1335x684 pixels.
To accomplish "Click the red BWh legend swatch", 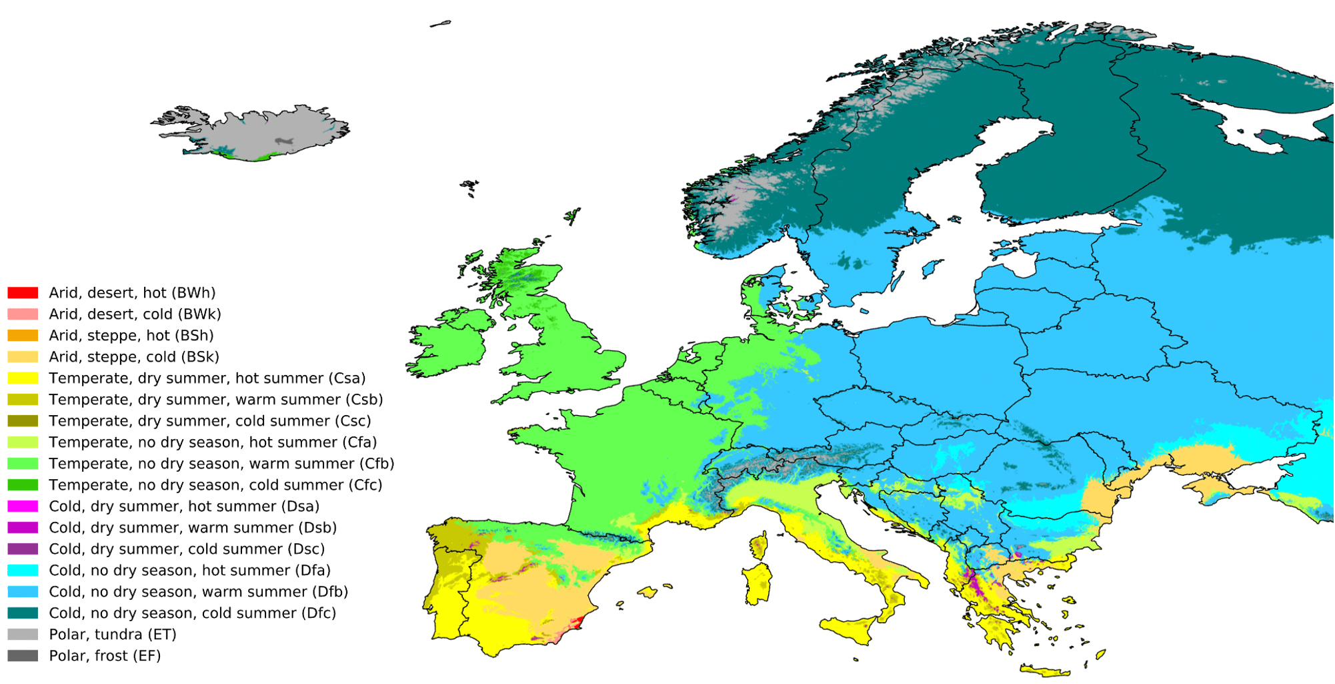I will (x=23, y=293).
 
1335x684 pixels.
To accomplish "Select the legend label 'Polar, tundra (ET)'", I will (x=112, y=635).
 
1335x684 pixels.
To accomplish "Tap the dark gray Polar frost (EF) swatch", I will (x=23, y=656).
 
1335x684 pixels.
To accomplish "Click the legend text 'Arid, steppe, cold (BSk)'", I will (x=133, y=357).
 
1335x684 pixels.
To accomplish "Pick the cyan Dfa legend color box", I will (x=23, y=571).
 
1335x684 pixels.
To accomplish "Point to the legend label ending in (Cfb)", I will (x=221, y=464).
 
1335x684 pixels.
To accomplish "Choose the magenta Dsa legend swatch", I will (x=23, y=506).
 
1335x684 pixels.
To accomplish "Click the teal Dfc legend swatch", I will (x=23, y=613).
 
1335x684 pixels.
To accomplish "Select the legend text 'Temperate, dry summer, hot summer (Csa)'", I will (x=207, y=378).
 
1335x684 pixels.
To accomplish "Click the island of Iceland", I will (x=260, y=133).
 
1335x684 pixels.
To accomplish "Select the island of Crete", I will (x=1044, y=671).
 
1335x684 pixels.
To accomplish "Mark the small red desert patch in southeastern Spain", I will (x=577, y=622).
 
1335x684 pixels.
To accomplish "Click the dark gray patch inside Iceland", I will (x=285, y=141).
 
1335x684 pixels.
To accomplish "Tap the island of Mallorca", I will (x=647, y=592).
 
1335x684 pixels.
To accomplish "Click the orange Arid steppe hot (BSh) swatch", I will (x=23, y=336).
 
